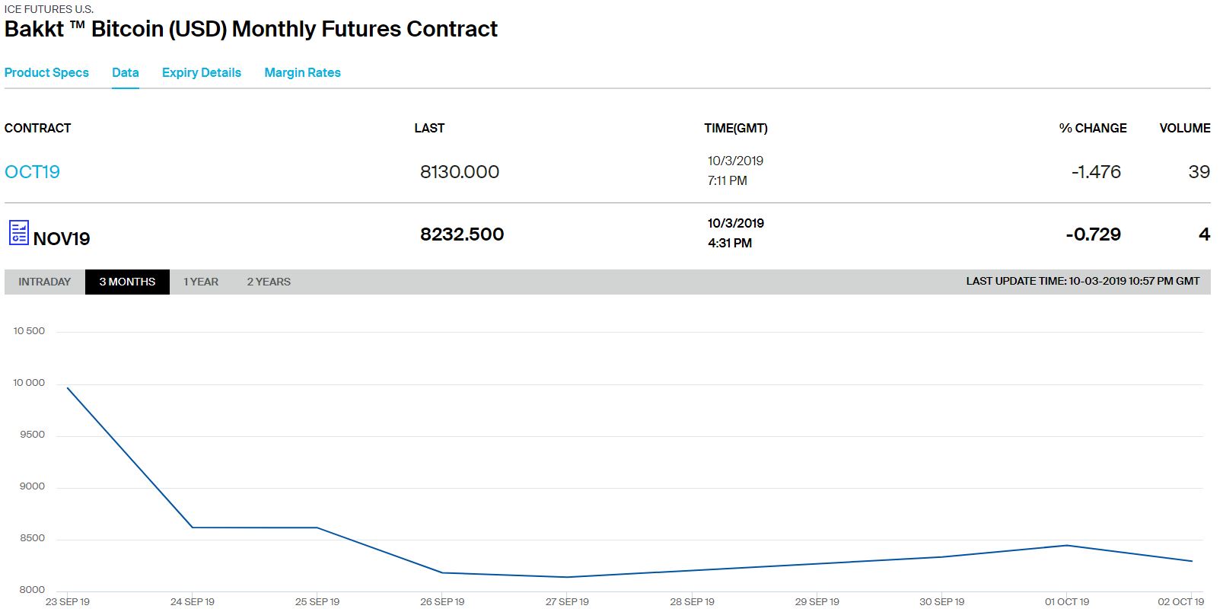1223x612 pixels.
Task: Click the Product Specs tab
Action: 46,73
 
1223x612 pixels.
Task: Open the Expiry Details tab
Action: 201,73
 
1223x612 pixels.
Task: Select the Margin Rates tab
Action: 302,73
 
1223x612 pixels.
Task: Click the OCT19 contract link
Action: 32,172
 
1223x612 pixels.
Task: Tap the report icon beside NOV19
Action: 18,233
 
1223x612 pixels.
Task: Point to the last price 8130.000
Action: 460,172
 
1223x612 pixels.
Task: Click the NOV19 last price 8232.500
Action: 462,234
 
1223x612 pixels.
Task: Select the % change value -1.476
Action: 1096,172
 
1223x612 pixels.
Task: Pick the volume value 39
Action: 1199,172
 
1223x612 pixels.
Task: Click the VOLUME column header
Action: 1184,128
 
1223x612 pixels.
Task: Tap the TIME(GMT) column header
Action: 735,128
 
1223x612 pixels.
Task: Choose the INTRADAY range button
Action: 44,282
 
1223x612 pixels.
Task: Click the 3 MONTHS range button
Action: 127,282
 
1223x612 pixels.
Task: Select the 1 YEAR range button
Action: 201,282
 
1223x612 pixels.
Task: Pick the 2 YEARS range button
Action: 269,282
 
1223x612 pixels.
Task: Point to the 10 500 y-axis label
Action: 29,331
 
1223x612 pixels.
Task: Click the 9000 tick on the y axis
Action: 32,486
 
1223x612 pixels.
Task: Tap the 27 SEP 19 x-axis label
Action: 567,602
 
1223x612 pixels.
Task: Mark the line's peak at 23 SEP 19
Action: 68,388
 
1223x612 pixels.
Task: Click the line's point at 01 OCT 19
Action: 1067,545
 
